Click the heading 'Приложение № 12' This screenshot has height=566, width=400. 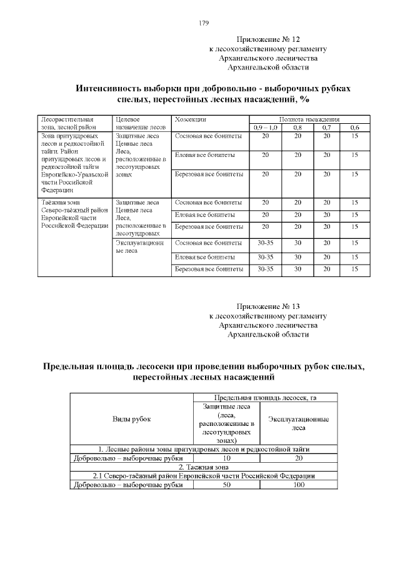[x=268, y=39]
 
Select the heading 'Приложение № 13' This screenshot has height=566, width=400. [x=268, y=306]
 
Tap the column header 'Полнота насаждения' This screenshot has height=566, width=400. [x=309, y=119]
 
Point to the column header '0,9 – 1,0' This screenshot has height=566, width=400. [x=266, y=127]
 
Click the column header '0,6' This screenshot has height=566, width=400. [x=354, y=127]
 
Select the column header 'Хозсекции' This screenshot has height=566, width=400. [x=191, y=119]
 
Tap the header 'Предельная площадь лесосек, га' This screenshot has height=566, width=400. [x=266, y=398]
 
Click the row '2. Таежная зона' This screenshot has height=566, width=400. [x=204, y=467]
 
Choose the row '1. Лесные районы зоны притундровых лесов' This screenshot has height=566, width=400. [x=204, y=449]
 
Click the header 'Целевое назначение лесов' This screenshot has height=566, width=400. [x=141, y=123]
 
